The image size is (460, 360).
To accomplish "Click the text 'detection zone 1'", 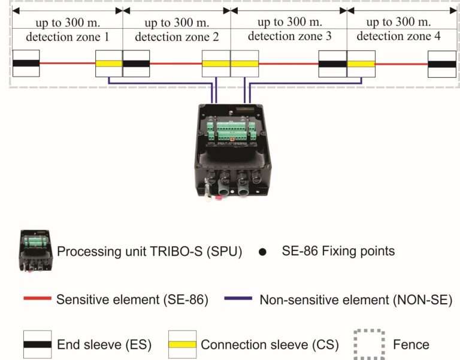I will pyautogui.click(x=67, y=37).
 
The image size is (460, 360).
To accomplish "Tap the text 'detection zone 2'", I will pyautogui.click(x=176, y=37).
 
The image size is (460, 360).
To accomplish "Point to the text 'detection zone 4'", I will pyautogui.click(x=398, y=36).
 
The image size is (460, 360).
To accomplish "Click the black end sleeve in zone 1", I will pyautogui.click(x=26, y=63).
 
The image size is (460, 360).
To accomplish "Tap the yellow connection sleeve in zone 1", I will pyautogui.click(x=109, y=63).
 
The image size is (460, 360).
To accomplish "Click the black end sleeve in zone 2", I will pyautogui.click(x=136, y=63).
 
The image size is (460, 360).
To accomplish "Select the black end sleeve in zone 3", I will pyautogui.click(x=332, y=63).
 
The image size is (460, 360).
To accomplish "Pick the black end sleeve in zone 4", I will pyautogui.click(x=442, y=63).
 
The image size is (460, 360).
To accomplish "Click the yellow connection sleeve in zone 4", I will pyautogui.click(x=361, y=63).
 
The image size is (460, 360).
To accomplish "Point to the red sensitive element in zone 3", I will pyautogui.click(x=288, y=63).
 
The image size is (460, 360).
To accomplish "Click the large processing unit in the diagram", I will pyautogui.click(x=230, y=150).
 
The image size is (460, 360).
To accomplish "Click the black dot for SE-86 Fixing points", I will pyautogui.click(x=262, y=252).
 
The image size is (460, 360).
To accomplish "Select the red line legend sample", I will pyautogui.click(x=37, y=299).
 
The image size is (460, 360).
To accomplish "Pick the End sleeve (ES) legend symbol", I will pyautogui.click(x=37, y=344).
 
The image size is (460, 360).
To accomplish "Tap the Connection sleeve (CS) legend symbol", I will pyautogui.click(x=183, y=344).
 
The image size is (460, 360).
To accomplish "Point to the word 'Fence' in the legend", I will pyautogui.click(x=411, y=344).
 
